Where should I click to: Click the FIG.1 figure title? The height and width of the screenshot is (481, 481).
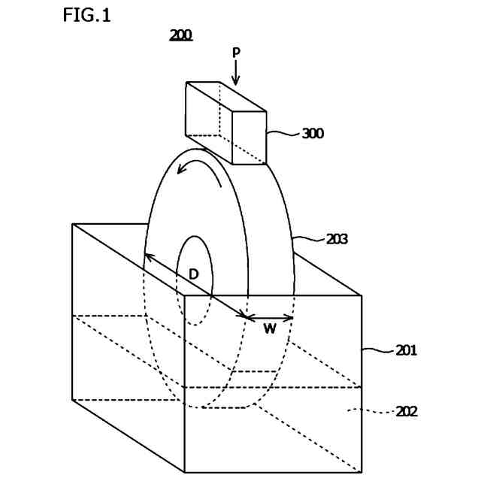pos(86,15)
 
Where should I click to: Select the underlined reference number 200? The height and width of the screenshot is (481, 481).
pos(180,35)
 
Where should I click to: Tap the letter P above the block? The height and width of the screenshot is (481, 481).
pos(236,53)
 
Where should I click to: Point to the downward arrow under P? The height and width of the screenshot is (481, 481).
pos(236,74)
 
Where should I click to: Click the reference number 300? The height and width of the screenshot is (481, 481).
pos(313,134)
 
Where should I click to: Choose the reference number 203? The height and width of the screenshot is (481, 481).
pos(337,239)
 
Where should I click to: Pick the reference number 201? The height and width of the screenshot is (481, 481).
pos(407,350)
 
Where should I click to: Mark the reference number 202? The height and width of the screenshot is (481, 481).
pos(407,411)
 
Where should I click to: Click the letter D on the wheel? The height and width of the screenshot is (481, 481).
pos(193,274)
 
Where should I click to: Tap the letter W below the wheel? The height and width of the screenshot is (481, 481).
pos(269,328)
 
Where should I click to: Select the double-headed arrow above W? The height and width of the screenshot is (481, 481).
pos(271,317)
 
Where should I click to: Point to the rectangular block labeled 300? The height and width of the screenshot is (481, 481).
pos(225,120)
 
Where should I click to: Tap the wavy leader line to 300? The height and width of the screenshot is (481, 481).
pos(283,134)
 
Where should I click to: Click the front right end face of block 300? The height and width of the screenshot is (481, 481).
pos(249,138)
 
